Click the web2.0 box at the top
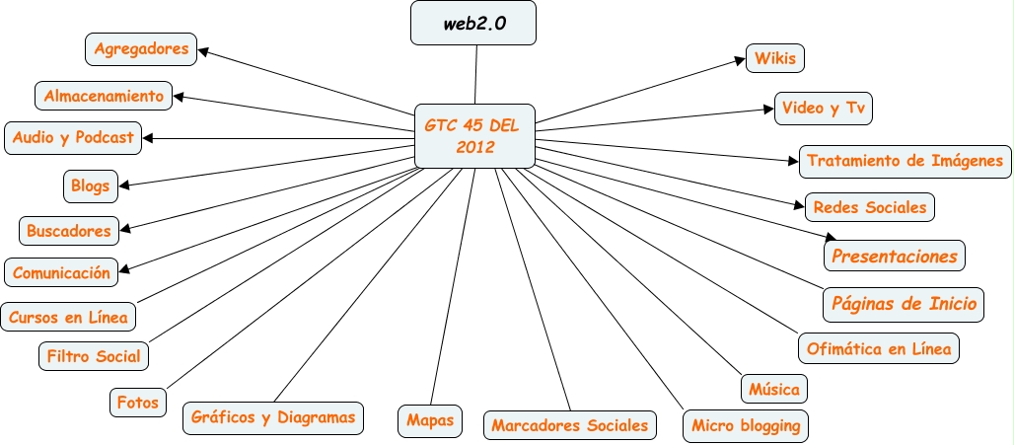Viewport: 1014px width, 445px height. (473, 24)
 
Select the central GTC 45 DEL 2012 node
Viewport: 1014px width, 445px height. (474, 136)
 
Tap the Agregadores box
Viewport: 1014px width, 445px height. (141, 46)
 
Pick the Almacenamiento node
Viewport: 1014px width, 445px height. (103, 96)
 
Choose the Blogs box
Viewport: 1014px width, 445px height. (91, 185)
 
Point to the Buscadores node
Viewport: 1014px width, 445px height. (69, 231)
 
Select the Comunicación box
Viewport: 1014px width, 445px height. (62, 272)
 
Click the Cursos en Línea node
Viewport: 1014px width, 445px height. (67, 317)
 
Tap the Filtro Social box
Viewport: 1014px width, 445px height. (95, 355)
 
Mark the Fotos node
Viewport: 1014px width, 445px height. (137, 402)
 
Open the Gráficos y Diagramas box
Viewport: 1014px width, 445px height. (273, 416)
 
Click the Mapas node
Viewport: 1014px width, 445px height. (430, 419)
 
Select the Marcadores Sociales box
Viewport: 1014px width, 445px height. (570, 425)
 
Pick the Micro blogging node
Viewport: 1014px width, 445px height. (746, 426)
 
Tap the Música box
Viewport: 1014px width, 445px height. (773, 388)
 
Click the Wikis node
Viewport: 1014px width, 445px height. (774, 58)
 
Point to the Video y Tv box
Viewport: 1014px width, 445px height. (824, 108)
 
